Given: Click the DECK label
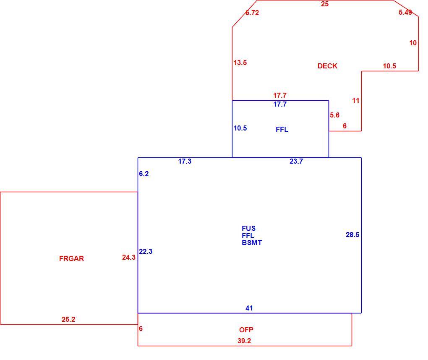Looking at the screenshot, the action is [327, 66].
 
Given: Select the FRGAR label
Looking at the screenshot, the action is [71, 258].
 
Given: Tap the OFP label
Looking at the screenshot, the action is [246, 330].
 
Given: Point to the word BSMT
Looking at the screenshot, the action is [252, 243].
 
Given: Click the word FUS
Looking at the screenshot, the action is [248, 228].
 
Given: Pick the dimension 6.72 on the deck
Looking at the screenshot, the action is [252, 13].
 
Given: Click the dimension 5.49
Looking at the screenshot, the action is [405, 12].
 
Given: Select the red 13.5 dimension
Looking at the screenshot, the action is [240, 63].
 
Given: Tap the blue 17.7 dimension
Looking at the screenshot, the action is [280, 104].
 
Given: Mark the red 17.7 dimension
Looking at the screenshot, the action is [280, 95].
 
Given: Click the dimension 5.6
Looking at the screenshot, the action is [334, 115].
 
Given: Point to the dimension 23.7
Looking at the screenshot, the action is [296, 161].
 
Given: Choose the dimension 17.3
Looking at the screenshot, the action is [185, 161].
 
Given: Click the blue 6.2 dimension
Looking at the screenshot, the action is [144, 174].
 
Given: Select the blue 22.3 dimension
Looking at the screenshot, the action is [146, 251].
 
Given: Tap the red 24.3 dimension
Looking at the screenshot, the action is [129, 257].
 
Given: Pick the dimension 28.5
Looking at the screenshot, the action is [352, 235].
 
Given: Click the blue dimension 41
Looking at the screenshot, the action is [249, 308].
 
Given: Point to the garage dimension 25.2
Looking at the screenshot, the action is [68, 319].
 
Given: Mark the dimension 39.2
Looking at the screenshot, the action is [244, 341].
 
